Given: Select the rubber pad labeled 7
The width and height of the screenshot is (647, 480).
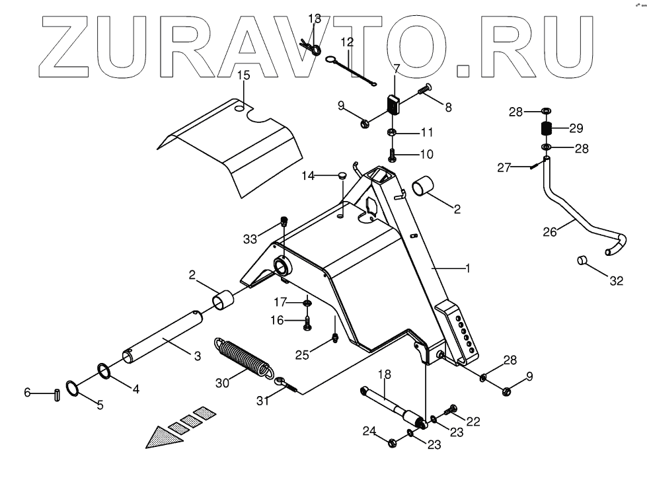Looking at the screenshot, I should pos(394,104).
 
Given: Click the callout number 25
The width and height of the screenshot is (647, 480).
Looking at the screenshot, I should pos(302,356).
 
